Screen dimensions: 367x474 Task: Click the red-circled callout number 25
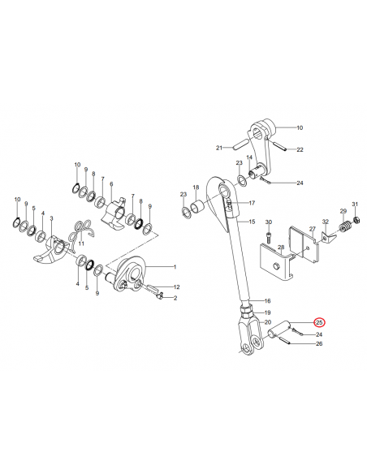(x=319, y=322)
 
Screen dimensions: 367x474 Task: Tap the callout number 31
(x=355, y=204)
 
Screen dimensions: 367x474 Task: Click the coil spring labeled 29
(x=343, y=227)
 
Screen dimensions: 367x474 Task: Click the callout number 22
(x=300, y=149)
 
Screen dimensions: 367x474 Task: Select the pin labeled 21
(x=241, y=144)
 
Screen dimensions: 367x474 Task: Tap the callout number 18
(x=196, y=187)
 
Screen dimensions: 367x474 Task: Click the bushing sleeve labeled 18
(x=197, y=206)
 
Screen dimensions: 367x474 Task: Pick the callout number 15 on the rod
(x=253, y=222)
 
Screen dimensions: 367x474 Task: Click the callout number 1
(x=175, y=267)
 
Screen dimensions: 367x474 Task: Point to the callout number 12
(x=176, y=287)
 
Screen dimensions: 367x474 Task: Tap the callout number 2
(x=175, y=298)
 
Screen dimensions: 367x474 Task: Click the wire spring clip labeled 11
(x=81, y=231)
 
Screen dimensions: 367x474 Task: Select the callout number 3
(x=51, y=218)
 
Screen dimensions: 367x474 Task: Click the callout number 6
(x=111, y=184)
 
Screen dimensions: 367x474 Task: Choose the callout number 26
(x=319, y=343)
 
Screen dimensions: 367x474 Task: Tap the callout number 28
(x=281, y=248)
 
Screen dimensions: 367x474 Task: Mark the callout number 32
(x=326, y=222)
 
